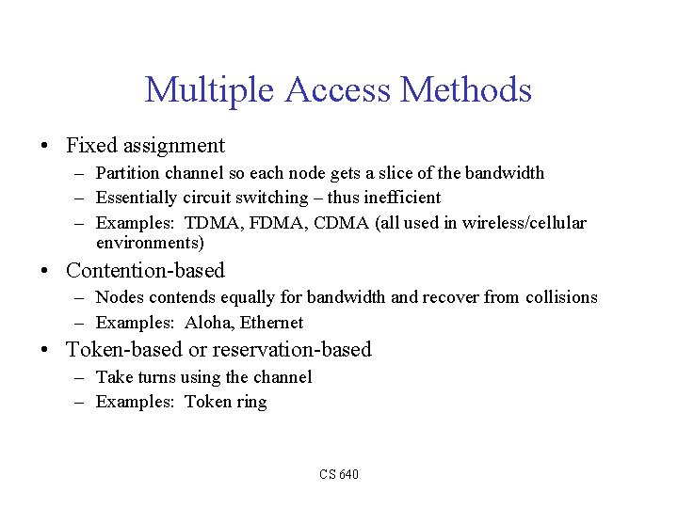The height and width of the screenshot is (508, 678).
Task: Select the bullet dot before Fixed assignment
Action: [44, 146]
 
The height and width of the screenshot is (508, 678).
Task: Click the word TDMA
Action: [212, 223]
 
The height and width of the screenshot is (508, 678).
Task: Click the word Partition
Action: [126, 173]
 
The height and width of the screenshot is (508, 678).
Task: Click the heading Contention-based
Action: [145, 271]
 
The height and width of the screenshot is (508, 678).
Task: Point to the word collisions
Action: [562, 297]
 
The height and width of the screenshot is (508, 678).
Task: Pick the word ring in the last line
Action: [251, 403]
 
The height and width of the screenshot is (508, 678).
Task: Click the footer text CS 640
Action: [339, 474]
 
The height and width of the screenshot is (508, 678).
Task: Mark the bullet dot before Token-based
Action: [44, 351]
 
